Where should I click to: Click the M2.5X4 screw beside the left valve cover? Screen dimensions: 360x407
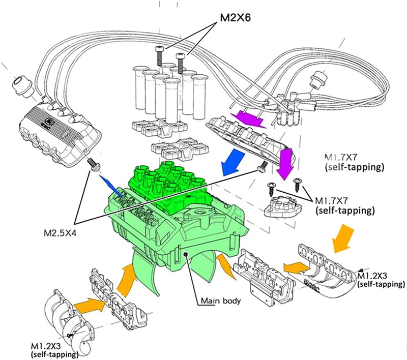pos(94,165)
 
